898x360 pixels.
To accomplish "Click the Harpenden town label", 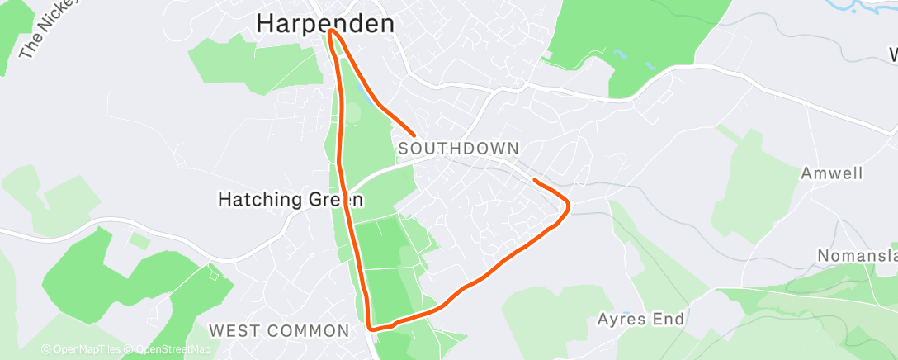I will (x=325, y=23).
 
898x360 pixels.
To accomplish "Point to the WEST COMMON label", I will (x=278, y=331).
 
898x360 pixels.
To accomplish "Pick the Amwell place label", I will (x=831, y=174).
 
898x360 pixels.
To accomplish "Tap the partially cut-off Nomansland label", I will (x=857, y=256).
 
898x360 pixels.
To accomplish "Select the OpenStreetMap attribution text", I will (x=168, y=349).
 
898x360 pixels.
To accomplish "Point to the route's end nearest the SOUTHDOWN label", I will (x=413, y=133).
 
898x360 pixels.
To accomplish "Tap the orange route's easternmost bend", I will (x=568, y=206).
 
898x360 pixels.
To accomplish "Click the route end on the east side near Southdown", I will (x=536, y=179).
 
